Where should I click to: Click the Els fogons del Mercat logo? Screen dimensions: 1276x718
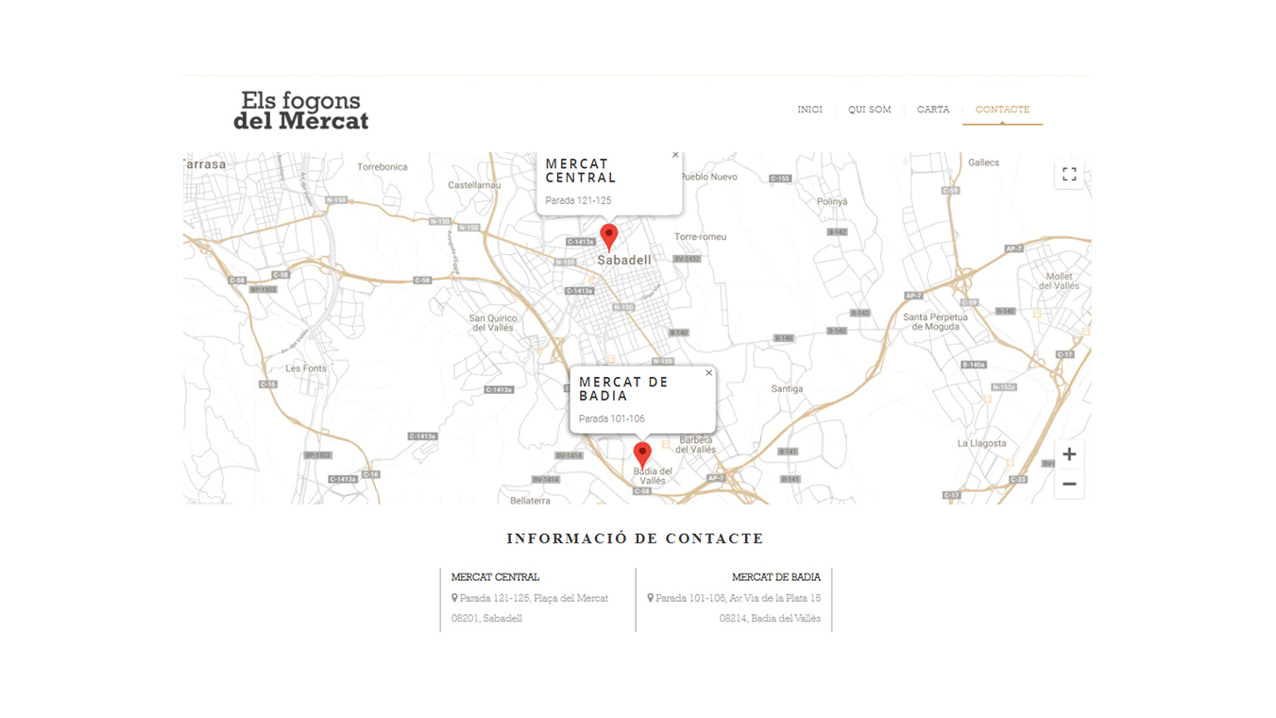pos(300,111)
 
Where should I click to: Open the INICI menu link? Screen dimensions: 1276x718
pos(809,110)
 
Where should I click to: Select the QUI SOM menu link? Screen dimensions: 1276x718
pos(869,110)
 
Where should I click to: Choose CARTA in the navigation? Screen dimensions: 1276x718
pos(933,110)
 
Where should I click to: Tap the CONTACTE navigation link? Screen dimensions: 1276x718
pos(1002,110)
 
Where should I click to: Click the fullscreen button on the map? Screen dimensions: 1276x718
pos(1069,174)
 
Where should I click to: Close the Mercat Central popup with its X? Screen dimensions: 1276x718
pos(675,155)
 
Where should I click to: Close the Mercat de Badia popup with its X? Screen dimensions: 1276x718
pos(709,373)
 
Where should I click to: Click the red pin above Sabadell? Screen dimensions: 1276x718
pos(609,235)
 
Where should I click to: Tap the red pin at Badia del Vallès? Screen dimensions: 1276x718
pos(642,453)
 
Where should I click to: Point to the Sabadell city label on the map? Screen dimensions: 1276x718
pos(624,260)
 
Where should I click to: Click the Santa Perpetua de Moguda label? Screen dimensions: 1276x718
pos(936,322)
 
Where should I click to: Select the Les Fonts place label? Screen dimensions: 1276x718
pos(306,368)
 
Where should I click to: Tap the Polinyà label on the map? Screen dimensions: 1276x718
pos(832,201)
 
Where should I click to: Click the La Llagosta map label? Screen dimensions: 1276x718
pos(981,443)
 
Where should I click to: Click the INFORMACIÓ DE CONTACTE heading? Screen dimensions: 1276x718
pos(635,538)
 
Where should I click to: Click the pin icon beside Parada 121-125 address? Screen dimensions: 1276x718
pos(454,598)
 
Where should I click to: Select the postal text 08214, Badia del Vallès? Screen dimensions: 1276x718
pos(770,619)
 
